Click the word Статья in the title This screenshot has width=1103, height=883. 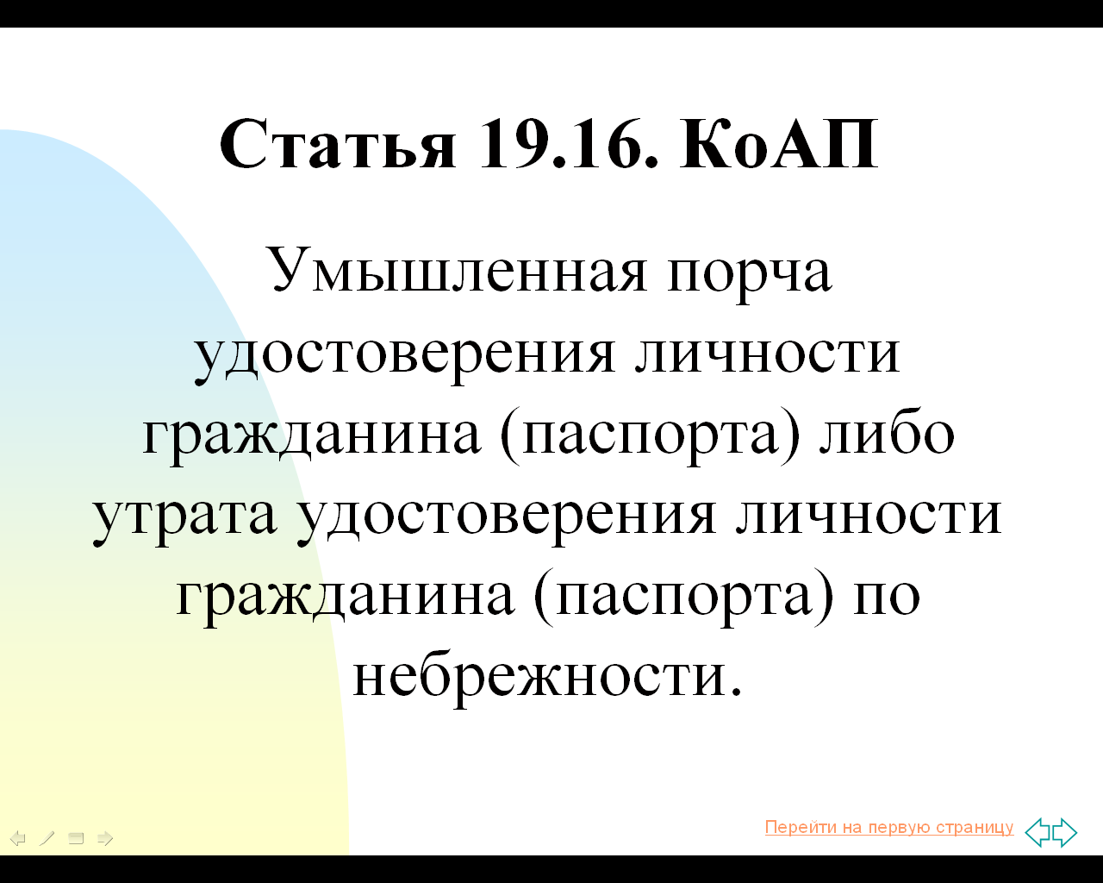(338, 144)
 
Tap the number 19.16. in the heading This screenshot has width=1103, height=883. (569, 144)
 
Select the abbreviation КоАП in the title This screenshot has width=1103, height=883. (779, 144)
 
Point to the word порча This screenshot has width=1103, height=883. (750, 277)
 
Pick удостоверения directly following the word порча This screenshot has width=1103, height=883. (404, 357)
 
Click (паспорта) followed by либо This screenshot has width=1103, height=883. (650, 436)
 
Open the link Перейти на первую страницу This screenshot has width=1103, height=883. (889, 827)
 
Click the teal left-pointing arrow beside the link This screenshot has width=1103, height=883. (1038, 832)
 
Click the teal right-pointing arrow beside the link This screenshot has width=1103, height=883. (1065, 832)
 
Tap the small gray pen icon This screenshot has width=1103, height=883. (47, 838)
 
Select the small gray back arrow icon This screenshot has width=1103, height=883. (18, 838)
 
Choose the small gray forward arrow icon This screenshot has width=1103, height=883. (105, 838)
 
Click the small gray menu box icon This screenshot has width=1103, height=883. (76, 838)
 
